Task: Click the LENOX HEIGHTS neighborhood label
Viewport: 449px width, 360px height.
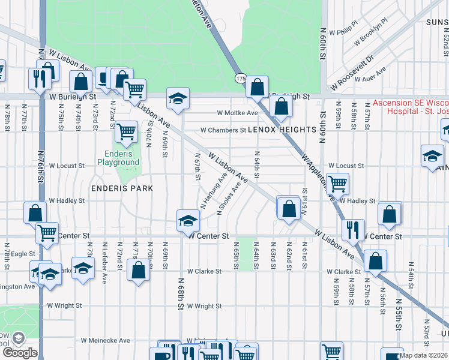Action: click(282, 130)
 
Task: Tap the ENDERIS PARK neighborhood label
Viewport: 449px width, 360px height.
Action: click(122, 188)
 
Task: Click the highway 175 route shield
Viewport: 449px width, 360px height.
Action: click(240, 79)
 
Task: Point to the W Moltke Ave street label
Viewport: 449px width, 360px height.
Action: click(237, 113)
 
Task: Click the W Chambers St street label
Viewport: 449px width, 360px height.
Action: click(223, 130)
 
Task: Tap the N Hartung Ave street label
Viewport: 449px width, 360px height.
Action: click(214, 191)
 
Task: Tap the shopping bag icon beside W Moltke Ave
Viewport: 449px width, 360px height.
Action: click(280, 107)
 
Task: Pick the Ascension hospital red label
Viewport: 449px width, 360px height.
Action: click(410, 107)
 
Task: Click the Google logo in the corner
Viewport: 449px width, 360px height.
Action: click(19, 353)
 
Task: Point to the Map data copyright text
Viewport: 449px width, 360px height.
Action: click(424, 355)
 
